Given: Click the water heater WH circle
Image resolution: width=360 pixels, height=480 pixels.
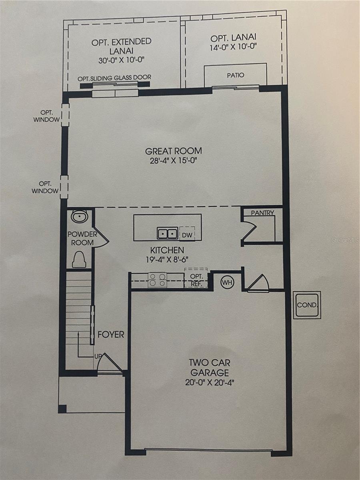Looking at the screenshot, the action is [x=227, y=282].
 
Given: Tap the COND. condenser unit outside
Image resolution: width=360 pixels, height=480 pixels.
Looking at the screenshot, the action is [x=307, y=305].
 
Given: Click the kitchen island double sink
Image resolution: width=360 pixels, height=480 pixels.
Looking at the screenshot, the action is [x=168, y=233].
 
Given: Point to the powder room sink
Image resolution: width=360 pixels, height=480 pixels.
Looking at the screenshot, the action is [x=79, y=216].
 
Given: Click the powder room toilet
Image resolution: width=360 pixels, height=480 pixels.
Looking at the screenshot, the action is [x=79, y=259].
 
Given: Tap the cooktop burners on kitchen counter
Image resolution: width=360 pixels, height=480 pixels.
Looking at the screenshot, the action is [x=157, y=280].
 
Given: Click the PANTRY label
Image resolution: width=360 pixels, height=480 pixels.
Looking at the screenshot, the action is [x=262, y=213].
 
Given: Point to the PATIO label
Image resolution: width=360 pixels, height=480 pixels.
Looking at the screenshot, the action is [x=236, y=75].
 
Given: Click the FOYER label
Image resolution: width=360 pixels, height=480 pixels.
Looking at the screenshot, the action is [x=111, y=334].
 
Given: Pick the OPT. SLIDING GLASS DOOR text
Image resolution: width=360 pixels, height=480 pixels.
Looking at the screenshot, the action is [x=114, y=78].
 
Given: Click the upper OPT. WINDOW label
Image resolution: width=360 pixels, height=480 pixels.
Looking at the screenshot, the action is [x=46, y=116].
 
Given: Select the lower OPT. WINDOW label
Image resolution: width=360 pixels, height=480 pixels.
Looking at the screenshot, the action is [x=45, y=188].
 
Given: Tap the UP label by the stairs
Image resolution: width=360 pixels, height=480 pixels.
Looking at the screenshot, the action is [x=98, y=356].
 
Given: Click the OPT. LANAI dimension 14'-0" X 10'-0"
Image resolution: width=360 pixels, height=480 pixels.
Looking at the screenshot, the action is [x=233, y=47].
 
